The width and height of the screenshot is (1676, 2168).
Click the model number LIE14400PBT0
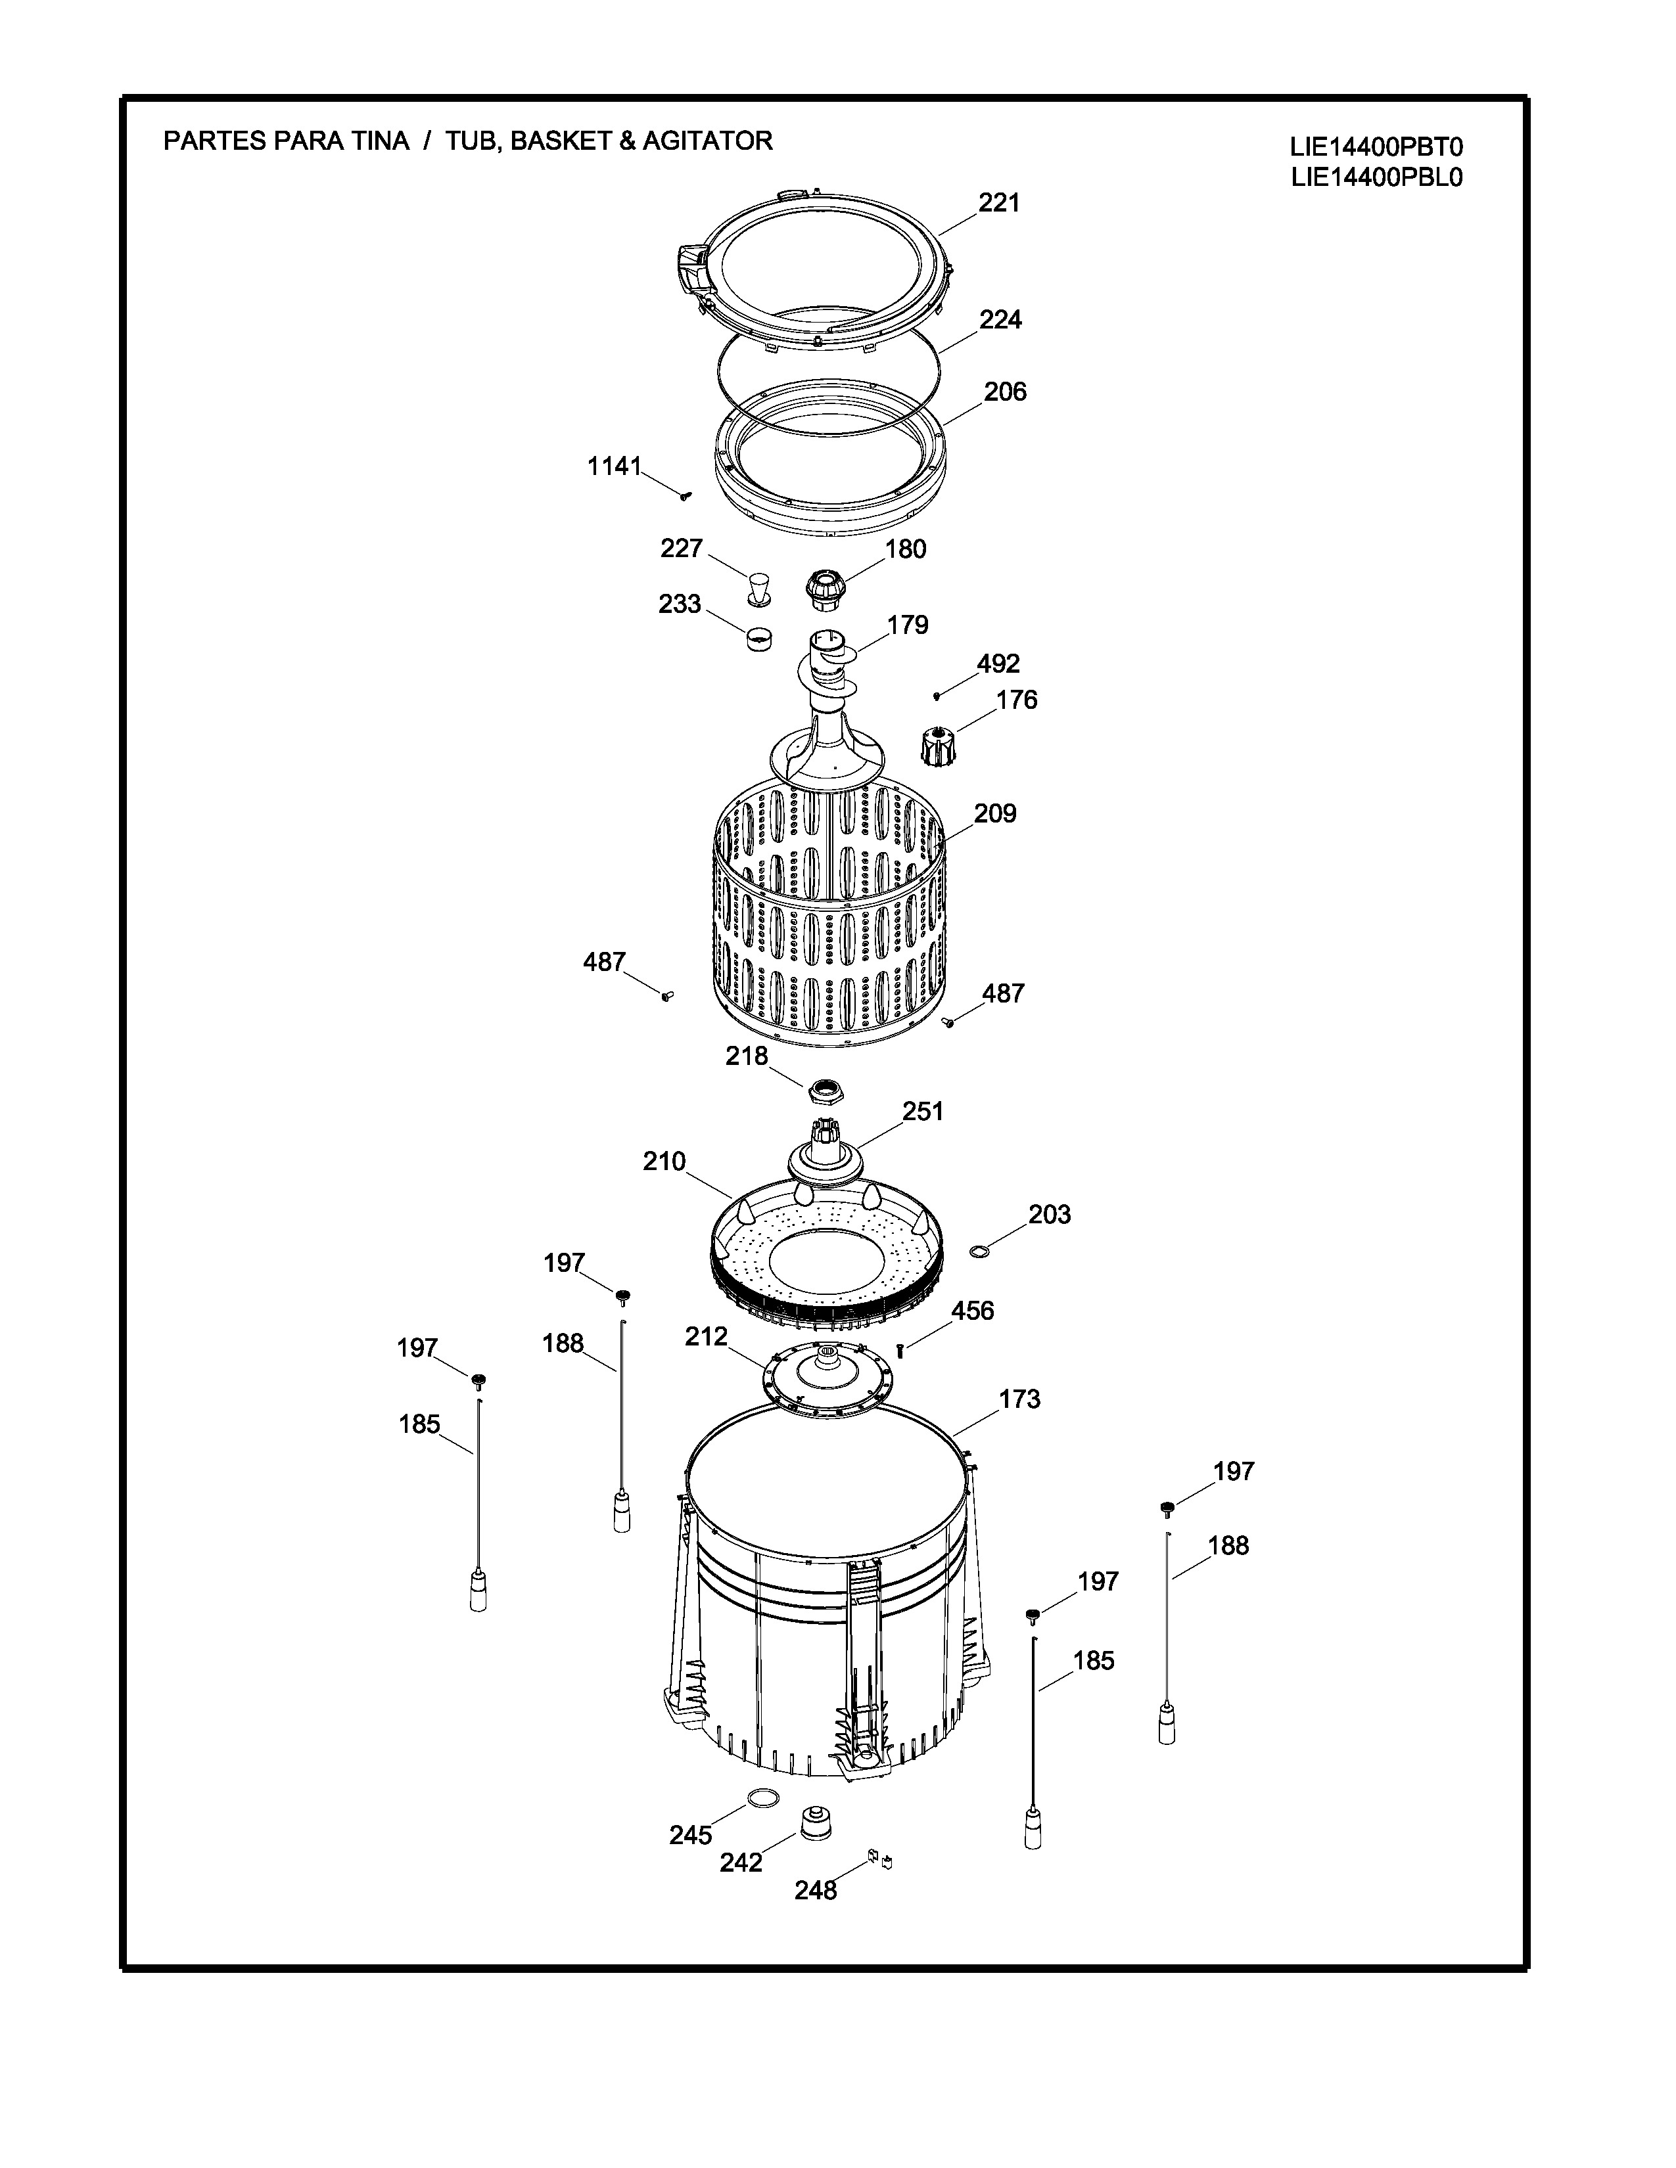pyautogui.click(x=1376, y=147)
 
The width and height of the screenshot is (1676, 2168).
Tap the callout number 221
pyautogui.click(x=999, y=202)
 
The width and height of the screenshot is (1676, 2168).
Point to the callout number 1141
pyautogui.click(x=615, y=466)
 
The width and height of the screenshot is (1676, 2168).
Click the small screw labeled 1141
pyautogui.click(x=685, y=495)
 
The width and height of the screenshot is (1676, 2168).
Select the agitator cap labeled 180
pyautogui.click(x=823, y=590)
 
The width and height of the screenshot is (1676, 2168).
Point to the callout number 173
pyautogui.click(x=1019, y=1399)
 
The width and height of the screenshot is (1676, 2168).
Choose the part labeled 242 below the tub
pyautogui.click(x=816, y=1822)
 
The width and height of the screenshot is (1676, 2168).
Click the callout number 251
pyautogui.click(x=922, y=1111)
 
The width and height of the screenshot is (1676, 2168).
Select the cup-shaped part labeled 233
pyautogui.click(x=760, y=637)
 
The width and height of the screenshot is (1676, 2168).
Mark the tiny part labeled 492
pyautogui.click(x=937, y=695)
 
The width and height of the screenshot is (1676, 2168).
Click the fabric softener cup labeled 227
pyautogui.click(x=760, y=588)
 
